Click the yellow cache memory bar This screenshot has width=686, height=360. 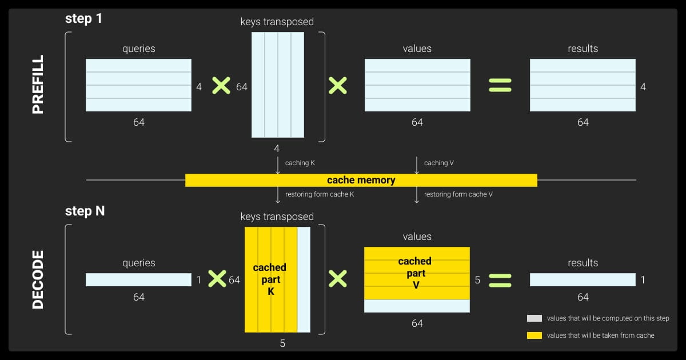tap(361, 180)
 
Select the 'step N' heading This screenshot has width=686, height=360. tap(85, 211)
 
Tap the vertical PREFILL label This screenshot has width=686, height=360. tap(38, 85)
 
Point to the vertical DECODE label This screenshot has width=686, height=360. tap(38, 279)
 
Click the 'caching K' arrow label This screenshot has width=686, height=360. tap(300, 163)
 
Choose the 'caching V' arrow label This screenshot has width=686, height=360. tap(439, 163)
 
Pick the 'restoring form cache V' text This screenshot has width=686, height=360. tap(458, 194)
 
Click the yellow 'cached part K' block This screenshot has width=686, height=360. tap(270, 279)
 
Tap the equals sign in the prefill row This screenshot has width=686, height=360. tap(500, 86)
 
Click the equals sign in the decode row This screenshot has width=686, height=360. tap(500, 279)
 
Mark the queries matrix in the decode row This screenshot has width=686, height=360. tap(138, 279)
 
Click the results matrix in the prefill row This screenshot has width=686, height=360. tap(583, 85)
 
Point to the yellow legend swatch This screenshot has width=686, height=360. tap(534, 335)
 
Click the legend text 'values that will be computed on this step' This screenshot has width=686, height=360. tap(608, 318)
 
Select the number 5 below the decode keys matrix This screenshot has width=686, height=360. tap(282, 343)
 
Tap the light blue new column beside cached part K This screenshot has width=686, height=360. tap(304, 279)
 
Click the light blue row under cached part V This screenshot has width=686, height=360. tap(416, 306)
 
